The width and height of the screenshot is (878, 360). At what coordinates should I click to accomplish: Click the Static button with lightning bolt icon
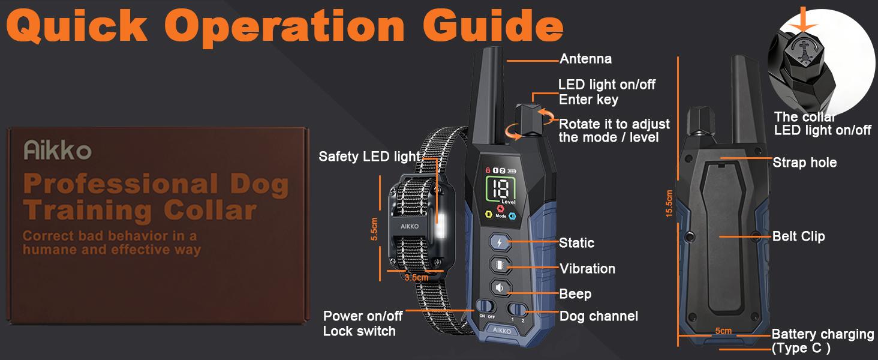click(500, 242)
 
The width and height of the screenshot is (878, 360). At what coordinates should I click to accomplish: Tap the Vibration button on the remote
click(500, 265)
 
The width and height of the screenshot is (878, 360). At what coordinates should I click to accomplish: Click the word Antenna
click(585, 59)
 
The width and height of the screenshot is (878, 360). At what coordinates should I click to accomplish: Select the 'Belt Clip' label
click(798, 236)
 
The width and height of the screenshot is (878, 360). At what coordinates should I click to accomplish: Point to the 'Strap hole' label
click(804, 162)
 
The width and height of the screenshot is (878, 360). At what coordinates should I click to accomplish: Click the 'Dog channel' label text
click(599, 316)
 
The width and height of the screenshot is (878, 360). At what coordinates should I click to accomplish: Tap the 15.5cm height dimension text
click(669, 204)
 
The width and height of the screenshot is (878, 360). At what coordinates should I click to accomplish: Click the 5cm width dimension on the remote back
click(723, 331)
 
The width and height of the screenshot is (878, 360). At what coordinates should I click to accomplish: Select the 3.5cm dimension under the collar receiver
click(416, 278)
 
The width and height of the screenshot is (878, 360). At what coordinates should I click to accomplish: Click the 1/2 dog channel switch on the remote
click(518, 310)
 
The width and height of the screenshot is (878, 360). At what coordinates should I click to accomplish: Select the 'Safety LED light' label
click(369, 157)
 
